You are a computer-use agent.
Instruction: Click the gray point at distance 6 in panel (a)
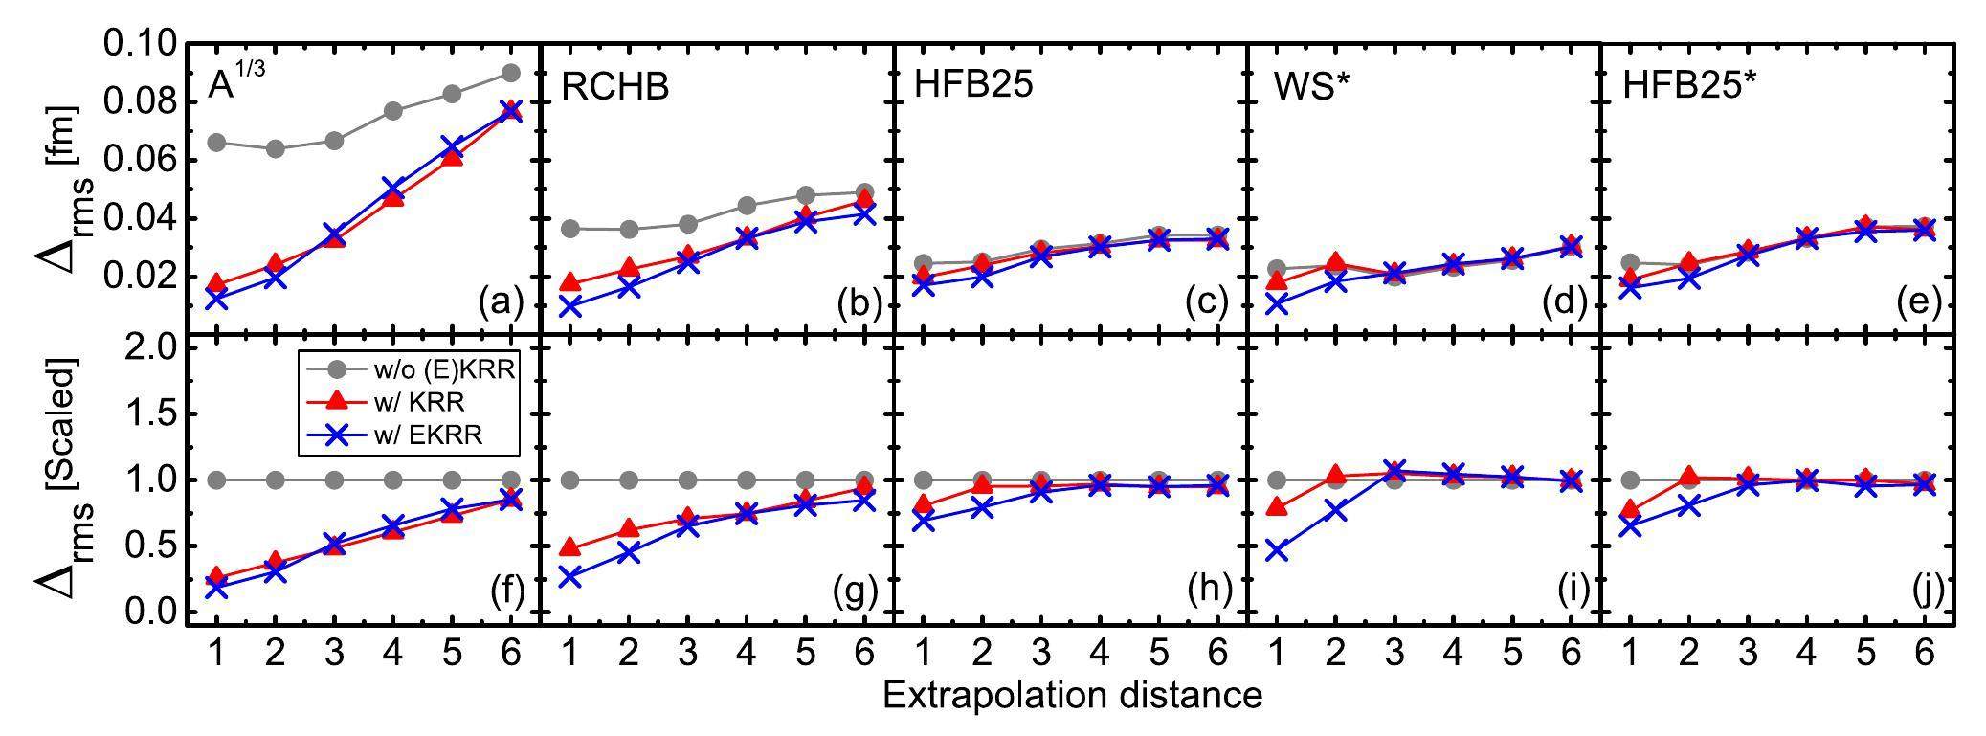[510, 73]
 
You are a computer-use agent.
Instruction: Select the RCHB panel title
[615, 87]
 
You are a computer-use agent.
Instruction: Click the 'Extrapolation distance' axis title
[1072, 695]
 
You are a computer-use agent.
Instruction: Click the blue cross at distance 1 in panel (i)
[1277, 550]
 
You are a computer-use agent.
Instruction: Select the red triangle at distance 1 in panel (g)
[570, 548]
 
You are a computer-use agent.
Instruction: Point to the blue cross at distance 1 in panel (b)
[570, 306]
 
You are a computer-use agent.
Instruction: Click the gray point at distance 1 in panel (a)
[216, 143]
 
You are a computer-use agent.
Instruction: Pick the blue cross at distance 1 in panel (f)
[216, 588]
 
